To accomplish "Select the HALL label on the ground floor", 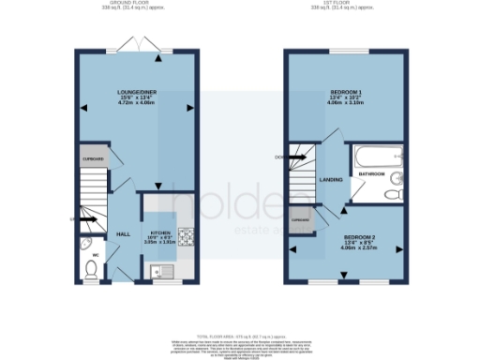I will coord(122,233).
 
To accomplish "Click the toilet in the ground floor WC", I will coord(91,270).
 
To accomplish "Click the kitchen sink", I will coord(160,272).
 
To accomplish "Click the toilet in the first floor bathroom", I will coord(394,195).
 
